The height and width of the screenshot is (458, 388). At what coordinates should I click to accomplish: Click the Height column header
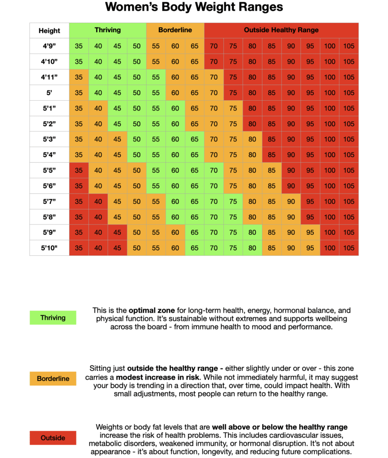pos(49,31)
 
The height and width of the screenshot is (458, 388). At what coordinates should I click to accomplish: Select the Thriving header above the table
pos(108,30)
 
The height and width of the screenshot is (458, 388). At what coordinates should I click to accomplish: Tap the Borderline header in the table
pos(175,30)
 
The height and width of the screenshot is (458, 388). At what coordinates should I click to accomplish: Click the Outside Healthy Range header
pos(282,30)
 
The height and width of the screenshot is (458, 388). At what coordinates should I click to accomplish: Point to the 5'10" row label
pos(49,248)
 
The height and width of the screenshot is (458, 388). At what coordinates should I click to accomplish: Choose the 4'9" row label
pos(49,46)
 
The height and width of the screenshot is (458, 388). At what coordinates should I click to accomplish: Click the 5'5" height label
pos(49,170)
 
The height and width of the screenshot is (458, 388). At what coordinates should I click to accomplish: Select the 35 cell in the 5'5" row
pos(79,170)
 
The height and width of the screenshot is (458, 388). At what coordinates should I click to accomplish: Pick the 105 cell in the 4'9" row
pos(349,46)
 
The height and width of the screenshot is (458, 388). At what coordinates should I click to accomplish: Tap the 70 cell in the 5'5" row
pos(214,170)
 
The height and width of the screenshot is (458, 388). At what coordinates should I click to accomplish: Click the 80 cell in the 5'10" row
pos(253,248)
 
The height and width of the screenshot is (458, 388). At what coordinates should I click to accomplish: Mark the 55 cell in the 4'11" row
pos(156,77)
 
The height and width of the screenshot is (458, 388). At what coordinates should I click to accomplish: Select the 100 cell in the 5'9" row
pos(329,233)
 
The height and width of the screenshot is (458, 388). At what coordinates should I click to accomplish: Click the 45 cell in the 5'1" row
pos(118,108)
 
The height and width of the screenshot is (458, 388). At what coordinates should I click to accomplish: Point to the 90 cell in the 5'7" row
pos(291,202)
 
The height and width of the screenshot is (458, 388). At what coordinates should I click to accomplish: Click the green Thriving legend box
pos(53,318)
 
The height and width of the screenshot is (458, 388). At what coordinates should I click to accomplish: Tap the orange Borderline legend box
pos(53,378)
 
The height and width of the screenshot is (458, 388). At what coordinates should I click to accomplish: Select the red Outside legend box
pos(53,438)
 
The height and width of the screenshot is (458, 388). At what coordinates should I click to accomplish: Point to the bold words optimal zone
pos(152,310)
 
